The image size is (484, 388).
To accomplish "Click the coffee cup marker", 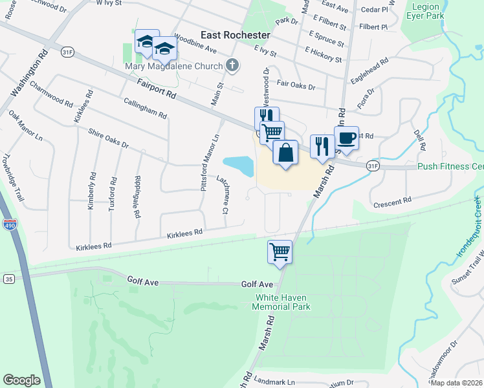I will tap(346, 138).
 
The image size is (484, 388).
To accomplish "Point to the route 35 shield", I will tap(8, 279).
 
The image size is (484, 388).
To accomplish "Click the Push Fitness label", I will tap(450, 166).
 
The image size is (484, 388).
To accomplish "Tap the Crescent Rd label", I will tap(393, 202).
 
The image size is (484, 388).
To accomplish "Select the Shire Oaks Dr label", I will tap(109, 137).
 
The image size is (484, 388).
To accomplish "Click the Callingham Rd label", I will tap(145, 107).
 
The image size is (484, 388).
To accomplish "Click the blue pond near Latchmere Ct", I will tap(237, 166).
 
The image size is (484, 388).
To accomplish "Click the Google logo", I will tap(21, 380).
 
